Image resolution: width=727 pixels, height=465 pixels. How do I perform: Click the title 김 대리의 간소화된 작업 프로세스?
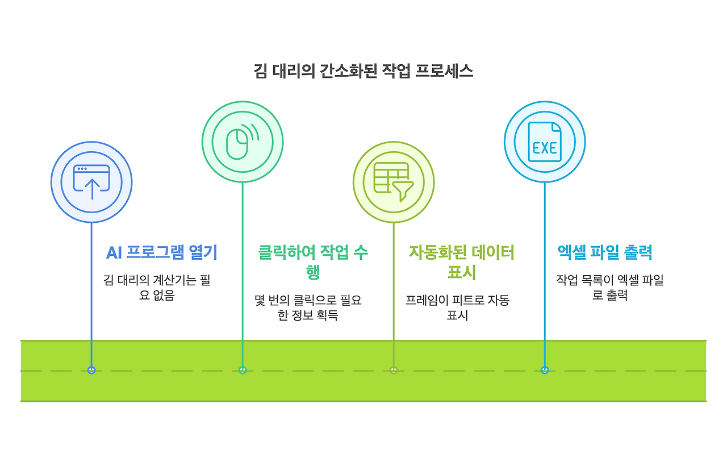(363, 72)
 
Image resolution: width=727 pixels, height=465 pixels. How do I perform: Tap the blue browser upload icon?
(91, 182)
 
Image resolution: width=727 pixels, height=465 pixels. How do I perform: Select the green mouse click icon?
(243, 142)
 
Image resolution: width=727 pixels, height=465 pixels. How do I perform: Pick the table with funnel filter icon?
(394, 182)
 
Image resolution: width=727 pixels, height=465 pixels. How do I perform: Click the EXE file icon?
(545, 142)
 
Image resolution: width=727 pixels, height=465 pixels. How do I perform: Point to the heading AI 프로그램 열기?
(162, 252)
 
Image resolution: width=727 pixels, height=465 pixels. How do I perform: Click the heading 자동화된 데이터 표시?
(461, 261)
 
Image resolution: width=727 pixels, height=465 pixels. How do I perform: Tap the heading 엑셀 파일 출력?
(604, 252)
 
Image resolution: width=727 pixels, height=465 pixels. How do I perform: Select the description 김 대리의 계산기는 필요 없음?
(157, 288)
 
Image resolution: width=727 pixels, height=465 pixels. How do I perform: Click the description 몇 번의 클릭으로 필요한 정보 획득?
(308, 307)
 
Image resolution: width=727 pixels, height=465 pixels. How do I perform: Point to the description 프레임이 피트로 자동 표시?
(457, 307)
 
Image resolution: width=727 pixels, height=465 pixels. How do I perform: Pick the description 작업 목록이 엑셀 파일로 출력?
(609, 288)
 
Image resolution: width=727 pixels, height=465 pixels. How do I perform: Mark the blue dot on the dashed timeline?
(91, 370)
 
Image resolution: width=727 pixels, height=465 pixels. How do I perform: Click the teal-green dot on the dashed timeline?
(243, 370)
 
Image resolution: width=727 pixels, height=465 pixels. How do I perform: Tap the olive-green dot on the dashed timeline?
(394, 370)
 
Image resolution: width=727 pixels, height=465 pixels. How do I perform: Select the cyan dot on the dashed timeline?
(545, 370)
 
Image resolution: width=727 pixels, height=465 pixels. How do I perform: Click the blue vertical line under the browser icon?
(91, 284)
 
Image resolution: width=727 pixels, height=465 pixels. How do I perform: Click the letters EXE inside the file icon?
(545, 148)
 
